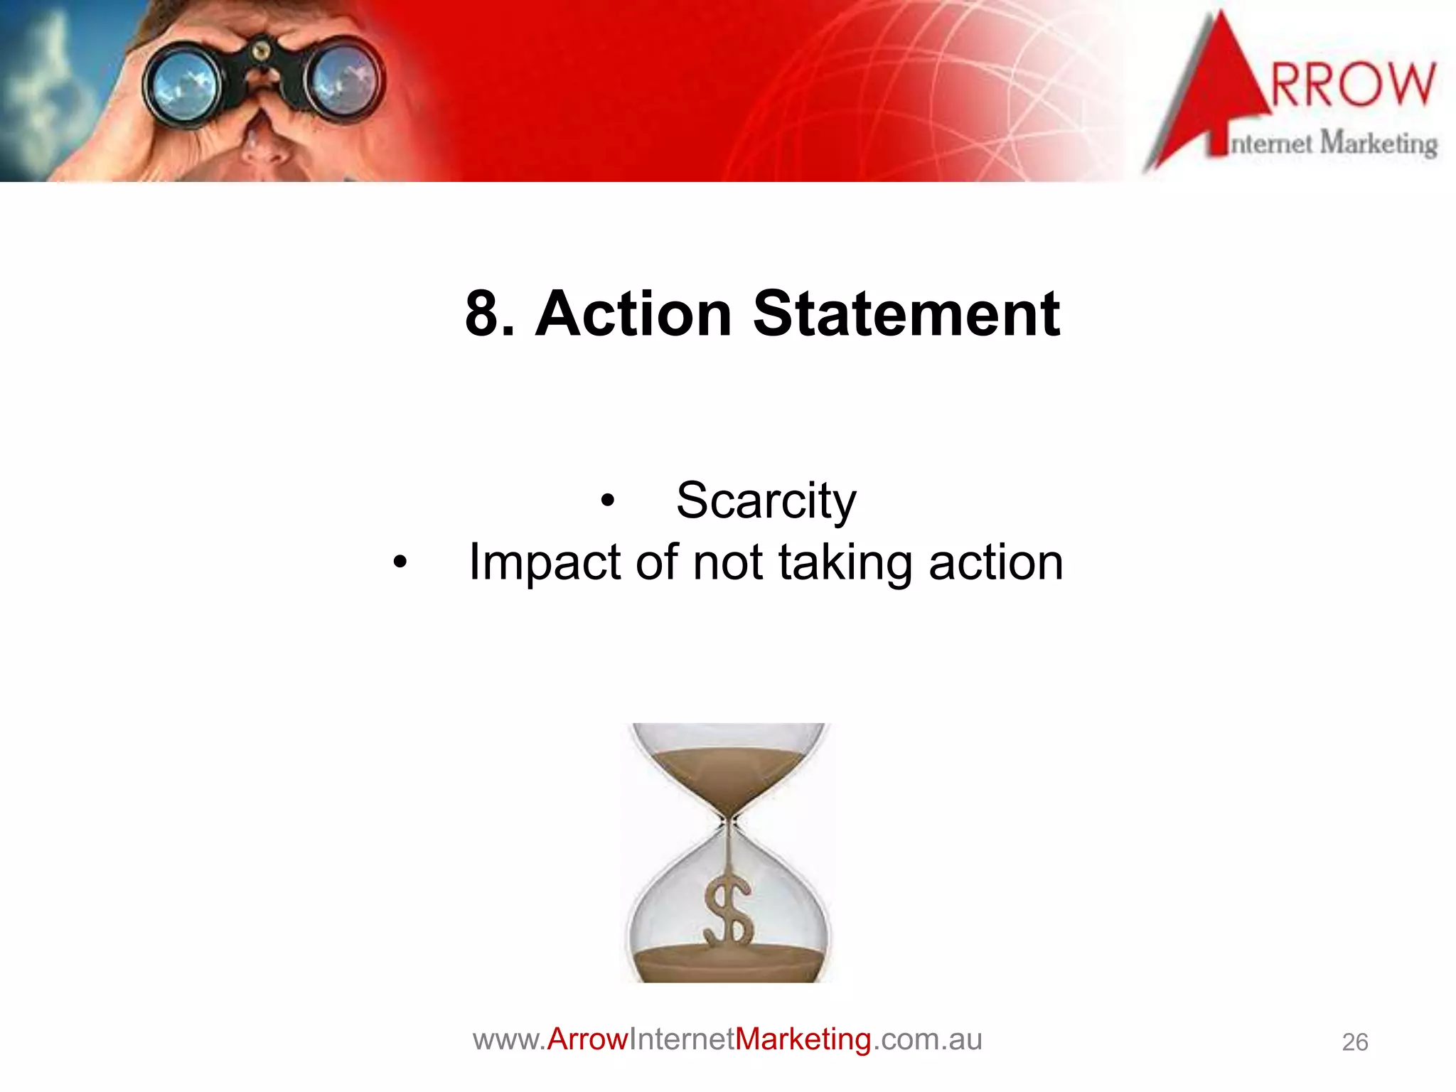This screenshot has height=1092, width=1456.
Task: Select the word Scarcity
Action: pyautogui.click(x=766, y=501)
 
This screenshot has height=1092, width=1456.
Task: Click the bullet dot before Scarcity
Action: pyautogui.click(x=606, y=500)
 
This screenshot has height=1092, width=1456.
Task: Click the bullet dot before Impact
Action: pyautogui.click(x=400, y=562)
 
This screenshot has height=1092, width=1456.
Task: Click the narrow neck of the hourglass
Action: pyautogui.click(x=729, y=823)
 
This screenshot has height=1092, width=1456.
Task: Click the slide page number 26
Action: pyautogui.click(x=1354, y=1042)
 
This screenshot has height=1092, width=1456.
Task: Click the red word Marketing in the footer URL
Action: pyautogui.click(x=803, y=1039)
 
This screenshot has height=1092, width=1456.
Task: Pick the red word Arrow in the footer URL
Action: pyautogui.click(x=587, y=1039)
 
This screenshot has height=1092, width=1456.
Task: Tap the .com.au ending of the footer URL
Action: pyautogui.click(x=927, y=1039)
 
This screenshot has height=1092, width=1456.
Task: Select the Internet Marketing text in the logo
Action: pyautogui.click(x=1334, y=144)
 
